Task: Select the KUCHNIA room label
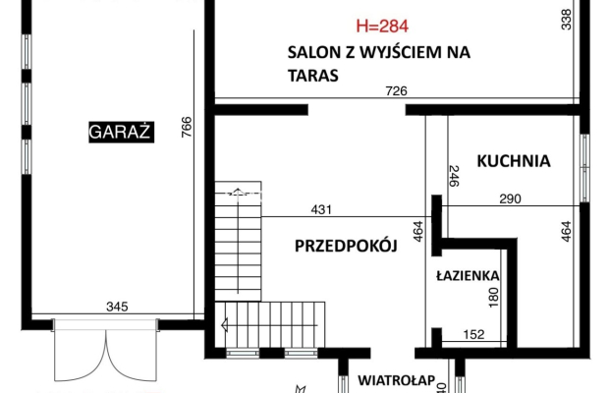click(x=514, y=160)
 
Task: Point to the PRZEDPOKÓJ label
click(x=345, y=248)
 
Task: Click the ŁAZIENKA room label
click(x=469, y=277)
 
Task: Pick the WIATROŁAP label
click(x=390, y=378)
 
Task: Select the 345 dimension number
click(x=117, y=308)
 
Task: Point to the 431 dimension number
click(x=321, y=208)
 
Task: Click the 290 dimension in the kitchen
click(x=509, y=199)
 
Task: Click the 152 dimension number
click(x=473, y=335)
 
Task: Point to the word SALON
click(x=309, y=52)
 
